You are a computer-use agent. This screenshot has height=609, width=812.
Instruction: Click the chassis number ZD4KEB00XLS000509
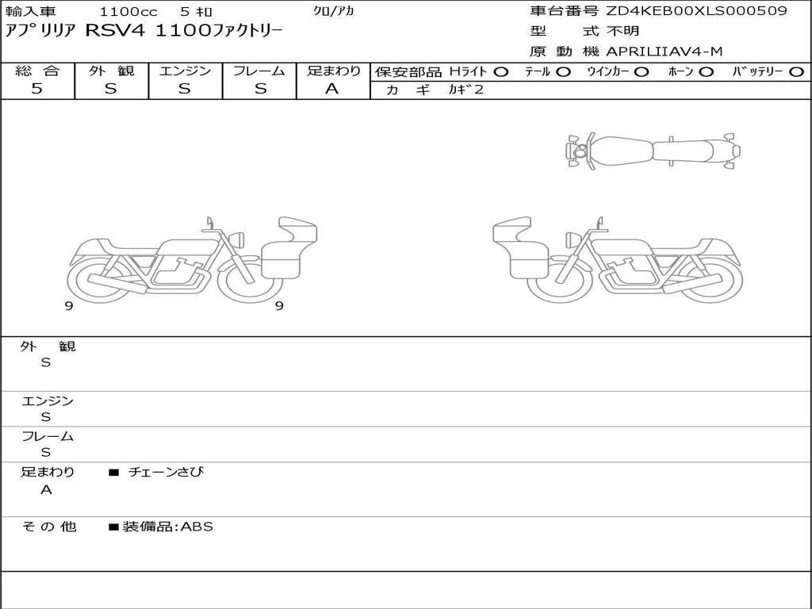click(x=696, y=11)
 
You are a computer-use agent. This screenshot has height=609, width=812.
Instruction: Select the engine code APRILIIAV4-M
click(x=664, y=52)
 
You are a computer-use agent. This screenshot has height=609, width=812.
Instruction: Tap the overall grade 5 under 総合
click(x=36, y=89)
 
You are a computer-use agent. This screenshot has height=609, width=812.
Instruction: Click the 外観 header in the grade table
click(x=111, y=71)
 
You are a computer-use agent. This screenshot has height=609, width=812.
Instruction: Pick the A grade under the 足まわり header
click(x=332, y=89)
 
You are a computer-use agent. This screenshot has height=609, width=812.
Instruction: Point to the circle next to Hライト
click(x=500, y=71)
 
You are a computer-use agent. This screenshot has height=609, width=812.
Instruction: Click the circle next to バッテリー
click(x=796, y=71)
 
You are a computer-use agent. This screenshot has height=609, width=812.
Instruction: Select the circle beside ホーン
click(x=707, y=71)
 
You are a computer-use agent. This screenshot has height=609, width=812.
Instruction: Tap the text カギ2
click(x=466, y=89)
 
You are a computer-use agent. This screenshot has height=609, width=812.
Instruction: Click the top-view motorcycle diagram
click(x=653, y=151)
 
